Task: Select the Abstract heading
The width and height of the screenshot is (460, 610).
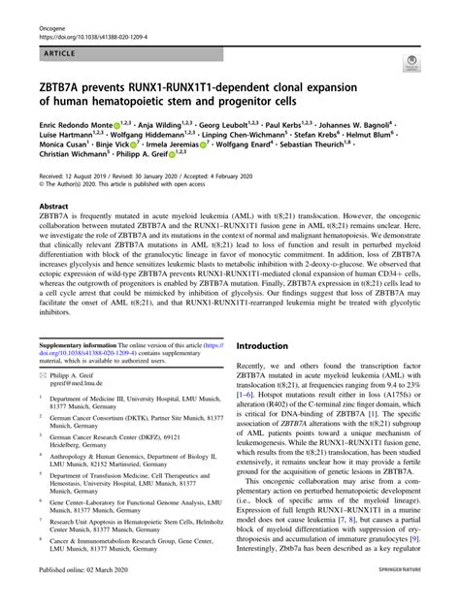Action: [52, 207]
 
